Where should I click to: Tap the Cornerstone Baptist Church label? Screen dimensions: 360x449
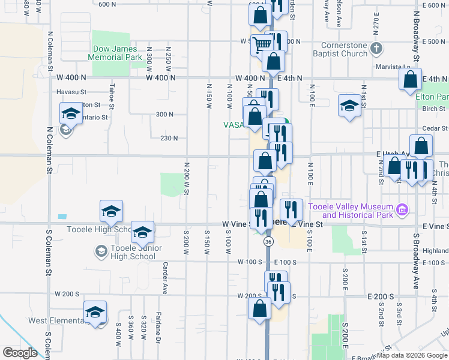[343, 49]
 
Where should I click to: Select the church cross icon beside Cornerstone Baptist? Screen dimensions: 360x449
[376, 48]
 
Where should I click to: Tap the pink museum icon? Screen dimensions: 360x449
[402, 209]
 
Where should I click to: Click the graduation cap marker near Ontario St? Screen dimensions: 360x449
[70, 113]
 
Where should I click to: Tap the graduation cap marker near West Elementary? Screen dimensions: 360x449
[95, 311]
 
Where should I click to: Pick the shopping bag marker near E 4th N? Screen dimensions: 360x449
[411, 79]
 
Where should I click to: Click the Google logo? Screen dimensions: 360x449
[19, 353]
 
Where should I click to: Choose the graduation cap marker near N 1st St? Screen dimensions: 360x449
[349, 106]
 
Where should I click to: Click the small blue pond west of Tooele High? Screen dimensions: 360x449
[62, 216]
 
